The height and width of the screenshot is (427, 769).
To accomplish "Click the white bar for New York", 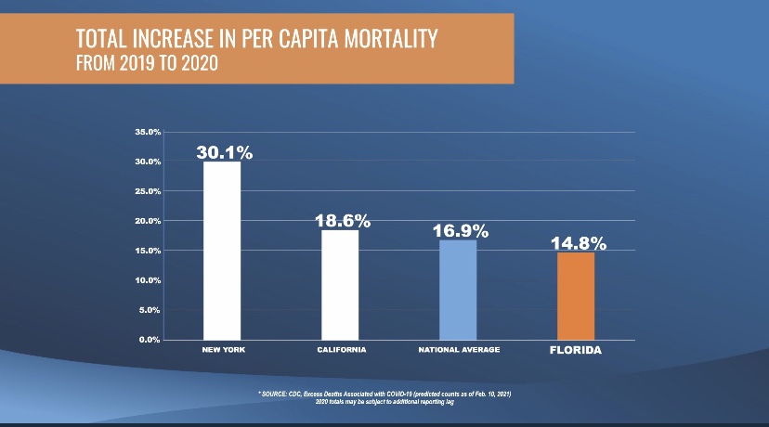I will (222, 251).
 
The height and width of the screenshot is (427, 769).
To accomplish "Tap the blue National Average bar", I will (458, 290).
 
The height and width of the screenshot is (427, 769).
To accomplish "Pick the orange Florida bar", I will (576, 295).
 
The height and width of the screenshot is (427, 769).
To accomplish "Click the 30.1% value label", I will (225, 152).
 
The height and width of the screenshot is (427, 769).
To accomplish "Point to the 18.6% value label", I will (343, 221).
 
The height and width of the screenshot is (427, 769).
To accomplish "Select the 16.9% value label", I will (460, 231).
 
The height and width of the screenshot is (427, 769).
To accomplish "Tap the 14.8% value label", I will (578, 244).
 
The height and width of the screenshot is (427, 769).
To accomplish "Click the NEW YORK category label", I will (223, 350).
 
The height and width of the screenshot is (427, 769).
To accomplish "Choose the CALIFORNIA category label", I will (340, 350).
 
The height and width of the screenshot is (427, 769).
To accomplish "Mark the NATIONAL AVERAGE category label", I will (459, 350).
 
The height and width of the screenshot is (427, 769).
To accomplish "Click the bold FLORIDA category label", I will (576, 350).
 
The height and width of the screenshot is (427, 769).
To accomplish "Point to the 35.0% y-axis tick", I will (148, 132).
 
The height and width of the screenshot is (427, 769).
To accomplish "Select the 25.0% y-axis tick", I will (148, 191).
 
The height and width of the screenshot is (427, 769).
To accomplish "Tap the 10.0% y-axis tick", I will (148, 280).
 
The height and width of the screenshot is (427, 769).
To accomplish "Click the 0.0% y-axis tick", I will (150, 340).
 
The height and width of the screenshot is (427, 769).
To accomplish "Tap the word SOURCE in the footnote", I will (280, 394).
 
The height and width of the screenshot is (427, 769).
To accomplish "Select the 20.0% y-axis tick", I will (148, 221).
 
